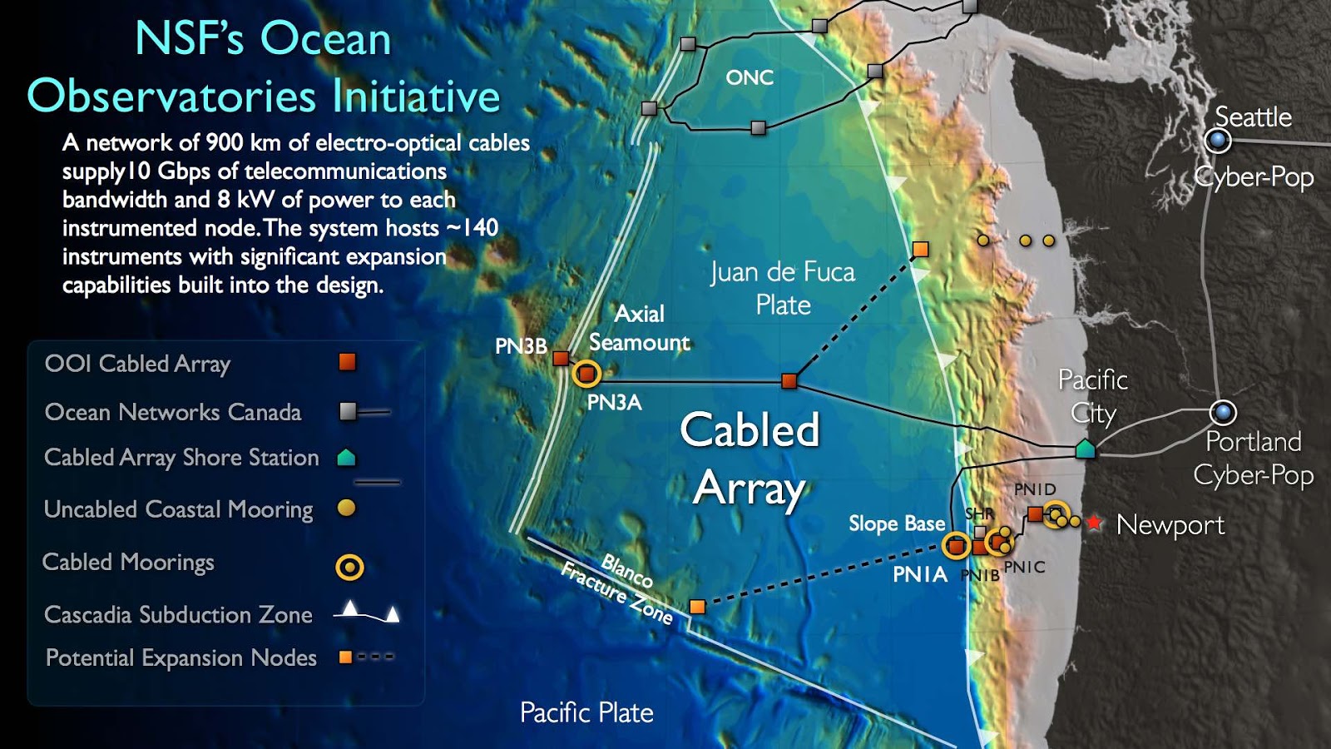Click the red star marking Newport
[1094, 523]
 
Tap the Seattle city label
[1253, 117]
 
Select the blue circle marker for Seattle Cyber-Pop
[1218, 141]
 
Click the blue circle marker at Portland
[1223, 412]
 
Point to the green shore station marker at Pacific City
[1085, 449]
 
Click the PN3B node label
[521, 346]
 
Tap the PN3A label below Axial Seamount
[614, 403]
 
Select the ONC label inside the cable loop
[750, 77]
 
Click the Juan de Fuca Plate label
[783, 288]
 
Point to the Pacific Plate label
[586, 712]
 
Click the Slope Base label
[897, 523]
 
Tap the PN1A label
[919, 574]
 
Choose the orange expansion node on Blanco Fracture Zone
[697, 607]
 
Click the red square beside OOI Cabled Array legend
[347, 362]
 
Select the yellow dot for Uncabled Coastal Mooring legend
[346, 508]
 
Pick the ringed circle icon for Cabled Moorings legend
[349, 568]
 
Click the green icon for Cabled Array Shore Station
[346, 457]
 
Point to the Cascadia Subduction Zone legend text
[178, 615]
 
